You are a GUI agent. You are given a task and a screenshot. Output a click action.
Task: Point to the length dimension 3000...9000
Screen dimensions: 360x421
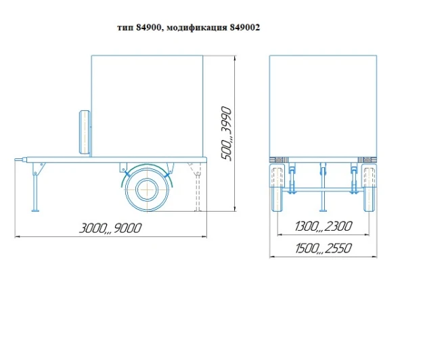(111, 228)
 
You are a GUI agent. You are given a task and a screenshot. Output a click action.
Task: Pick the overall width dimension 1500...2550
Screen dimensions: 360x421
(323, 248)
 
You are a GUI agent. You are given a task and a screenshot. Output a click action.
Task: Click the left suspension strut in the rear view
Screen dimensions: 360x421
(292, 179)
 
